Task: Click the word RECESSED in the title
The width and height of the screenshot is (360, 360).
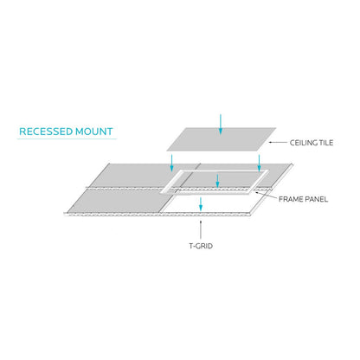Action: tap(46, 132)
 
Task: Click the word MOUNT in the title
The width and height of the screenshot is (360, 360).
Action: tap(94, 132)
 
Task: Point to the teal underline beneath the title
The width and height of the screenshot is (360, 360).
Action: tap(67, 139)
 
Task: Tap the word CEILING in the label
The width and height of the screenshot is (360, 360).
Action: tap(303, 143)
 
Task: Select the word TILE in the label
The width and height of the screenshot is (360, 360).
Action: tap(326, 143)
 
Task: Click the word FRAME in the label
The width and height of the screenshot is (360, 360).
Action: tap(289, 199)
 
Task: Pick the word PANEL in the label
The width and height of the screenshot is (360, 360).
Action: tap(315, 199)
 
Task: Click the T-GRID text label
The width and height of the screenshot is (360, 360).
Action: tap(201, 246)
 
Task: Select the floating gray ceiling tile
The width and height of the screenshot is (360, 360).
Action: tap(222, 139)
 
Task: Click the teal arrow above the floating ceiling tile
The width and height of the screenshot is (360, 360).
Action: tap(221, 125)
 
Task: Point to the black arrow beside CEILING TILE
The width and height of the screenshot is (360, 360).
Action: tap(278, 142)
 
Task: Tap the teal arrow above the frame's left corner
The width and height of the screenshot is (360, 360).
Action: tap(172, 163)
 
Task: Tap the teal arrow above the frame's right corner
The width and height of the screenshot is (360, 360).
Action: tap(259, 163)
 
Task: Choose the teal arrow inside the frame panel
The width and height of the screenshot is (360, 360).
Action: tap(217, 181)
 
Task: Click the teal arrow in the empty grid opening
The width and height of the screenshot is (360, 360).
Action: tap(201, 204)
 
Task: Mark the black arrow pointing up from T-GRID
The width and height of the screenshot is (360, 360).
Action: tap(201, 230)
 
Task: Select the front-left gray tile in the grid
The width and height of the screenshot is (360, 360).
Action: tap(119, 201)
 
